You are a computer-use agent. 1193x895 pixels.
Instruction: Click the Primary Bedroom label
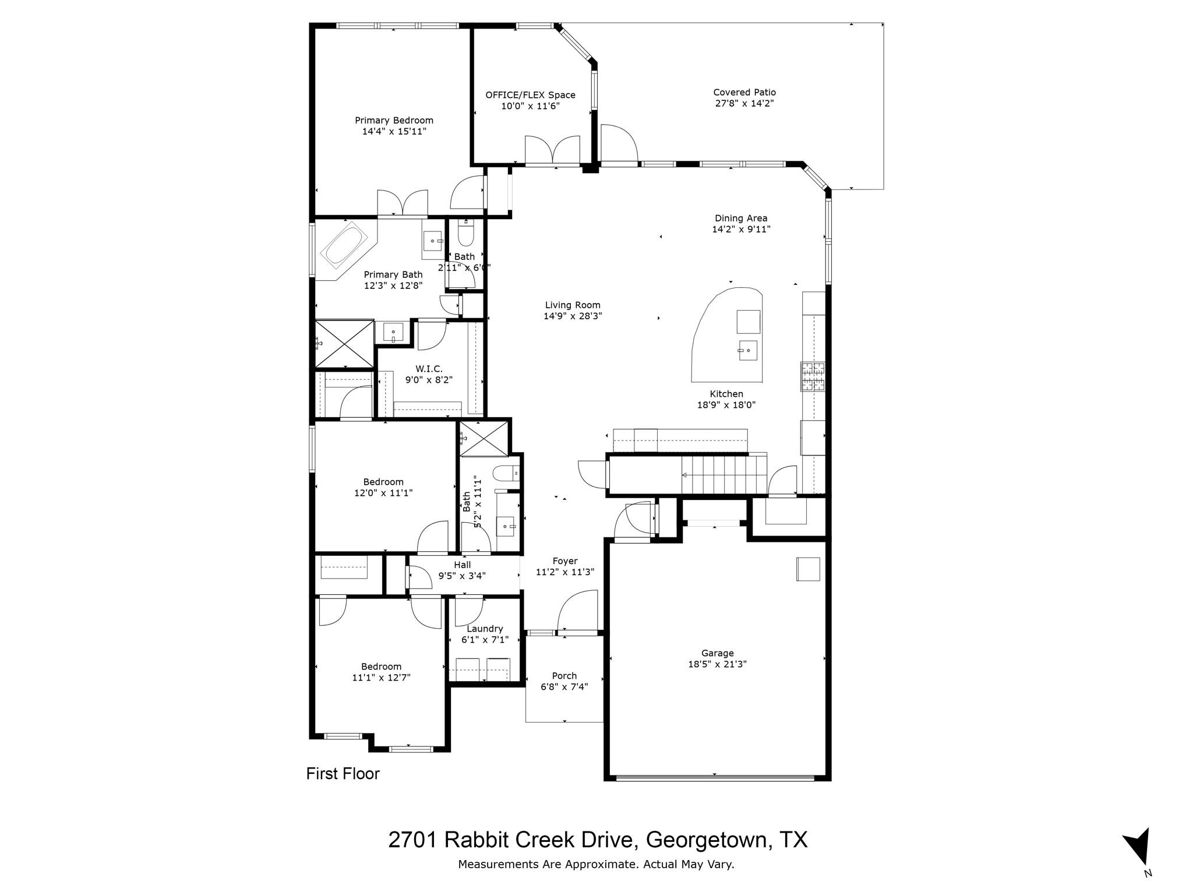[394, 121]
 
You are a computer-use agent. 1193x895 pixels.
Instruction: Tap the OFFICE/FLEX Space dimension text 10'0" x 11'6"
[530, 106]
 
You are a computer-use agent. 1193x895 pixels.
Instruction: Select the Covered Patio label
[744, 92]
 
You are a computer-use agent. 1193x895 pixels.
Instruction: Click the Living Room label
[573, 305]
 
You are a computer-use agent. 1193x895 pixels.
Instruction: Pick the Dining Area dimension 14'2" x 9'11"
[741, 230]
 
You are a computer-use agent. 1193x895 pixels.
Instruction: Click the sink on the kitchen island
[748, 350]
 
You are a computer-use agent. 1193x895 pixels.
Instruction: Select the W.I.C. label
[429, 369]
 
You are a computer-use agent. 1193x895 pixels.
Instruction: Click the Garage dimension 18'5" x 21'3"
[717, 664]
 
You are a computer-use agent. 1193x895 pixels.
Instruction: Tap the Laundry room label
[485, 629]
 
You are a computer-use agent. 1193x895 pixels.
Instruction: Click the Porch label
[564, 676]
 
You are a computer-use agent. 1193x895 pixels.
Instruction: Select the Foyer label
[564, 561]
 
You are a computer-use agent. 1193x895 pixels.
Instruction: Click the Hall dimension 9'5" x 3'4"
[462, 576]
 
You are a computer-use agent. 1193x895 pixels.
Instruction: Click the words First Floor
[343, 774]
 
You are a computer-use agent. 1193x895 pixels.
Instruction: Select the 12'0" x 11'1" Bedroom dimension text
[383, 493]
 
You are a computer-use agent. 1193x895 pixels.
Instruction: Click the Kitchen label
[726, 394]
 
